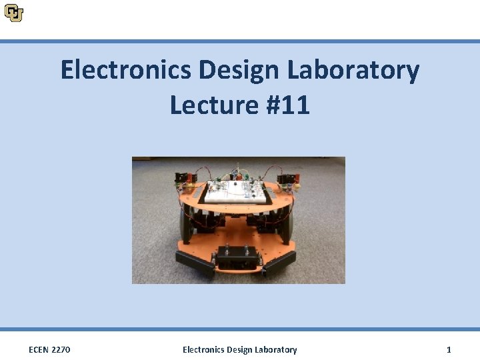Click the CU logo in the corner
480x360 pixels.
pos(13,12)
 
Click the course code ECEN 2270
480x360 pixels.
pos(50,349)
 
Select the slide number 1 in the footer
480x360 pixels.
pos(449,349)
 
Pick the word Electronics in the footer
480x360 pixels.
pos(203,349)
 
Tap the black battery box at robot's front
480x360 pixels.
pos(237,257)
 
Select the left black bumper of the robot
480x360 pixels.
pos(195,263)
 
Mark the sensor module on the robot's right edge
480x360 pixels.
pos(288,178)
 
